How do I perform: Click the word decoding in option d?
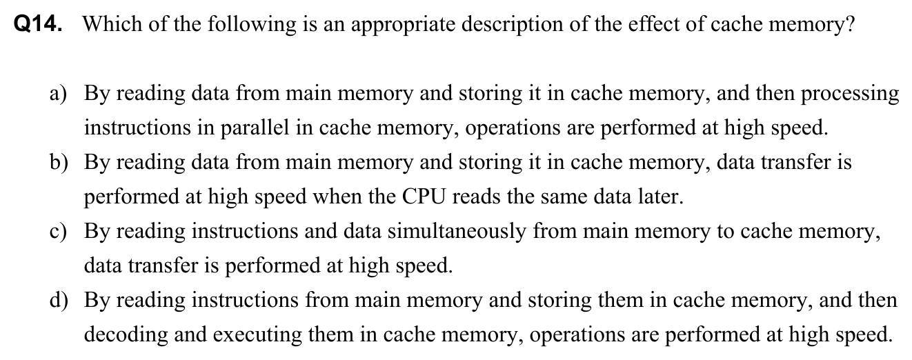(x=123, y=336)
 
